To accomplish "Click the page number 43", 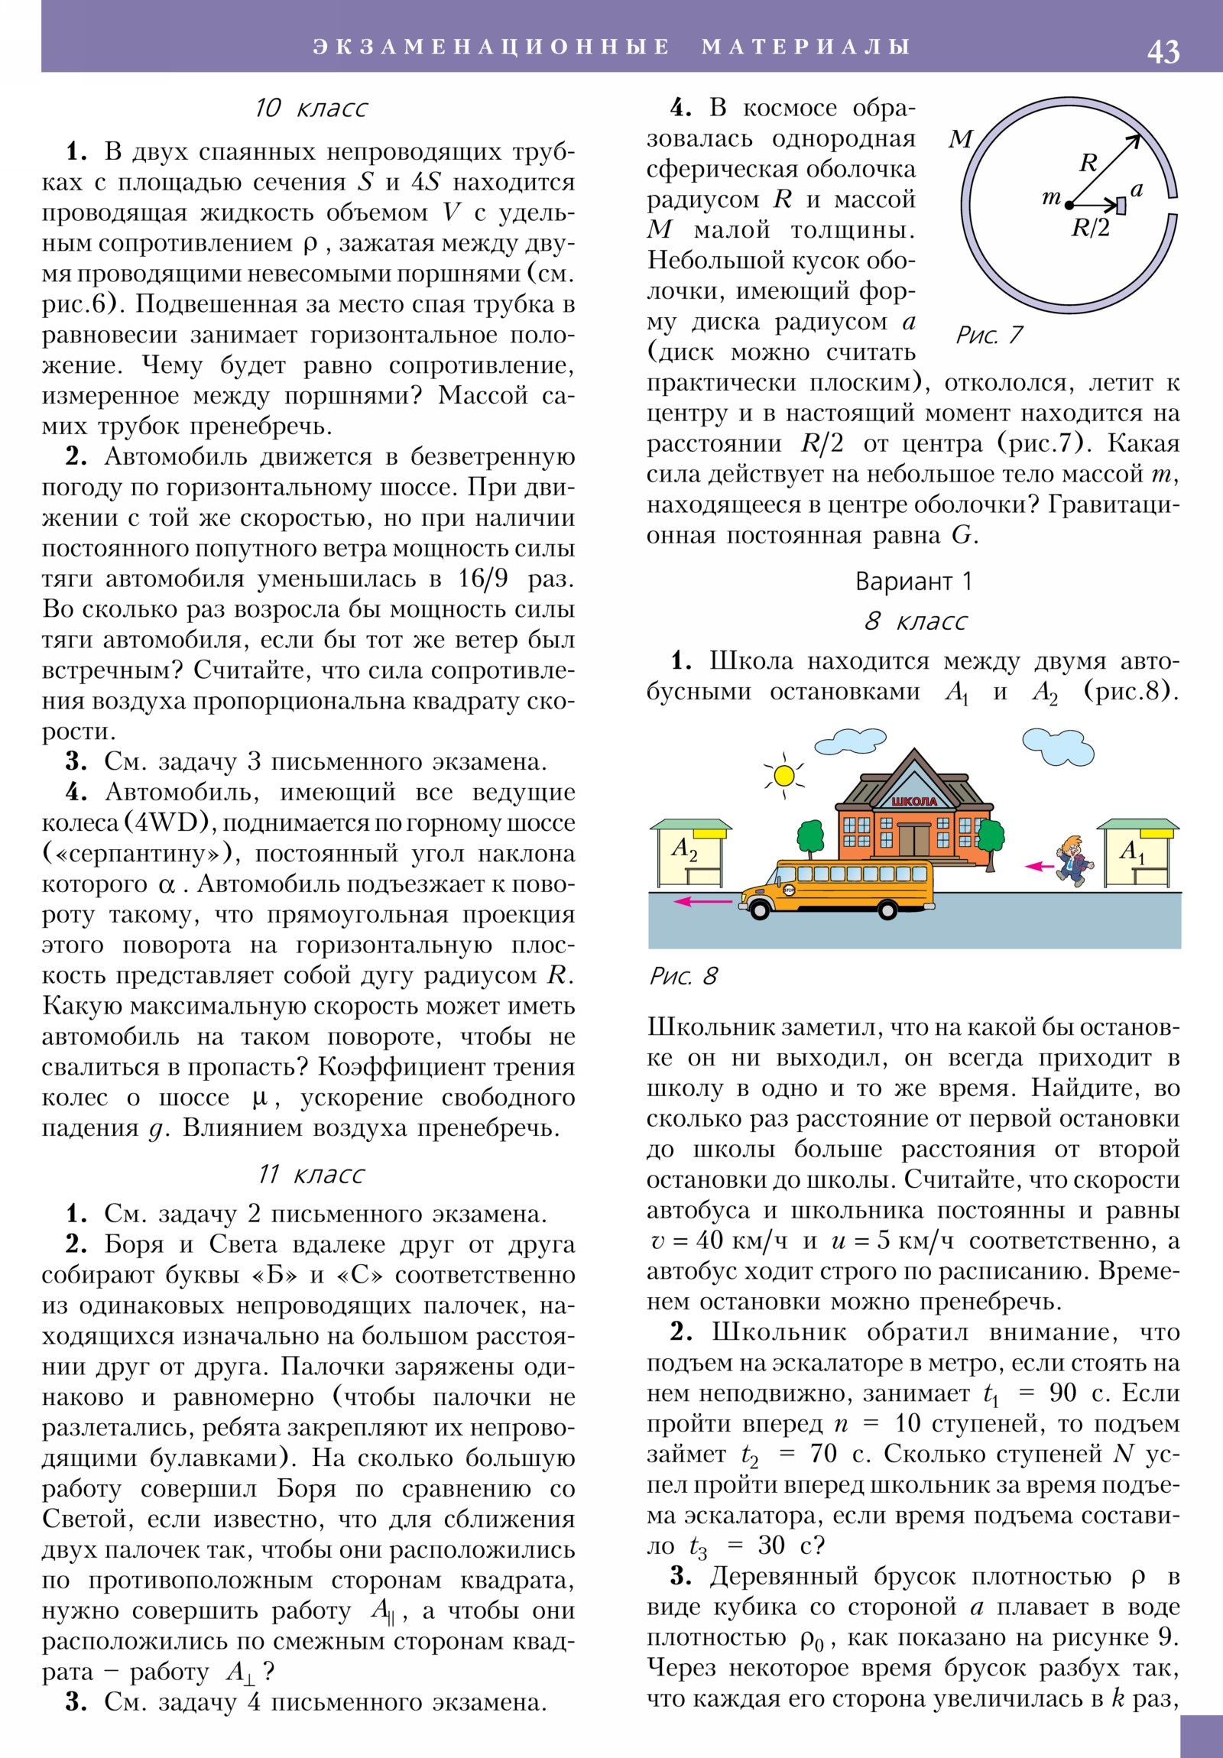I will point(1163,51).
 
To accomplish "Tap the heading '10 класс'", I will point(310,108).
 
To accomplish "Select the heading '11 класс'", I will point(311,1175).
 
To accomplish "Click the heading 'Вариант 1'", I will point(913,581).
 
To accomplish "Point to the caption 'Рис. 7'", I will point(988,335).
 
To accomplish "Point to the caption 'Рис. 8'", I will point(683,975).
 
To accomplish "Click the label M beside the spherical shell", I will point(960,139).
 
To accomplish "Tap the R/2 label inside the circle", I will point(1090,228).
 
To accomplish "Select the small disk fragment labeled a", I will point(1121,205).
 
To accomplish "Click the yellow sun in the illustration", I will point(784,776).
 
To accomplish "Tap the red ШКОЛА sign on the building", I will point(914,801).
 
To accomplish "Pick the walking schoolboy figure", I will point(1073,861).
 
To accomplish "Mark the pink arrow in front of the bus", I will point(702,902).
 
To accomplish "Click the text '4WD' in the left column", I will point(170,822).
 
